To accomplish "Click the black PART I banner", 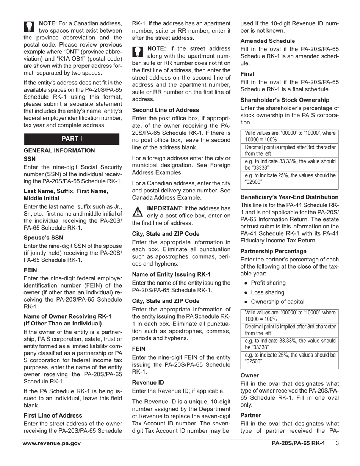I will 72,139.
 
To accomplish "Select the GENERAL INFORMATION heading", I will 59,150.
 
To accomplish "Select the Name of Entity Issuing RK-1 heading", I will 171,274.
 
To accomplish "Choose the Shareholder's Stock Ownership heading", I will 285,100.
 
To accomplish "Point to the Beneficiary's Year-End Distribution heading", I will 290,197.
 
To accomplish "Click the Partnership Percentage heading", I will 273,251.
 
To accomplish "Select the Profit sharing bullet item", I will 268,283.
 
